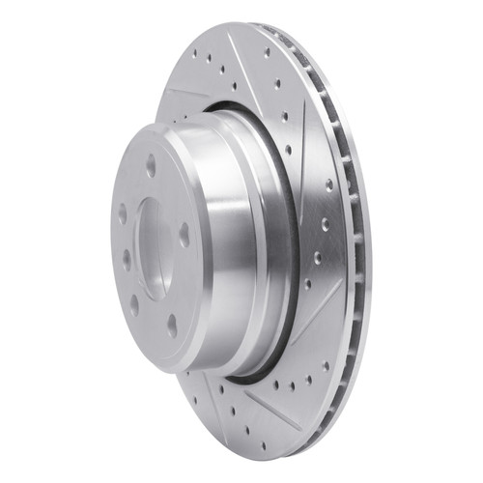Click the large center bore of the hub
tap(153, 246)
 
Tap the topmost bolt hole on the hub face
tap(151, 165)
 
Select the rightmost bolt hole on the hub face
tap(184, 235)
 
